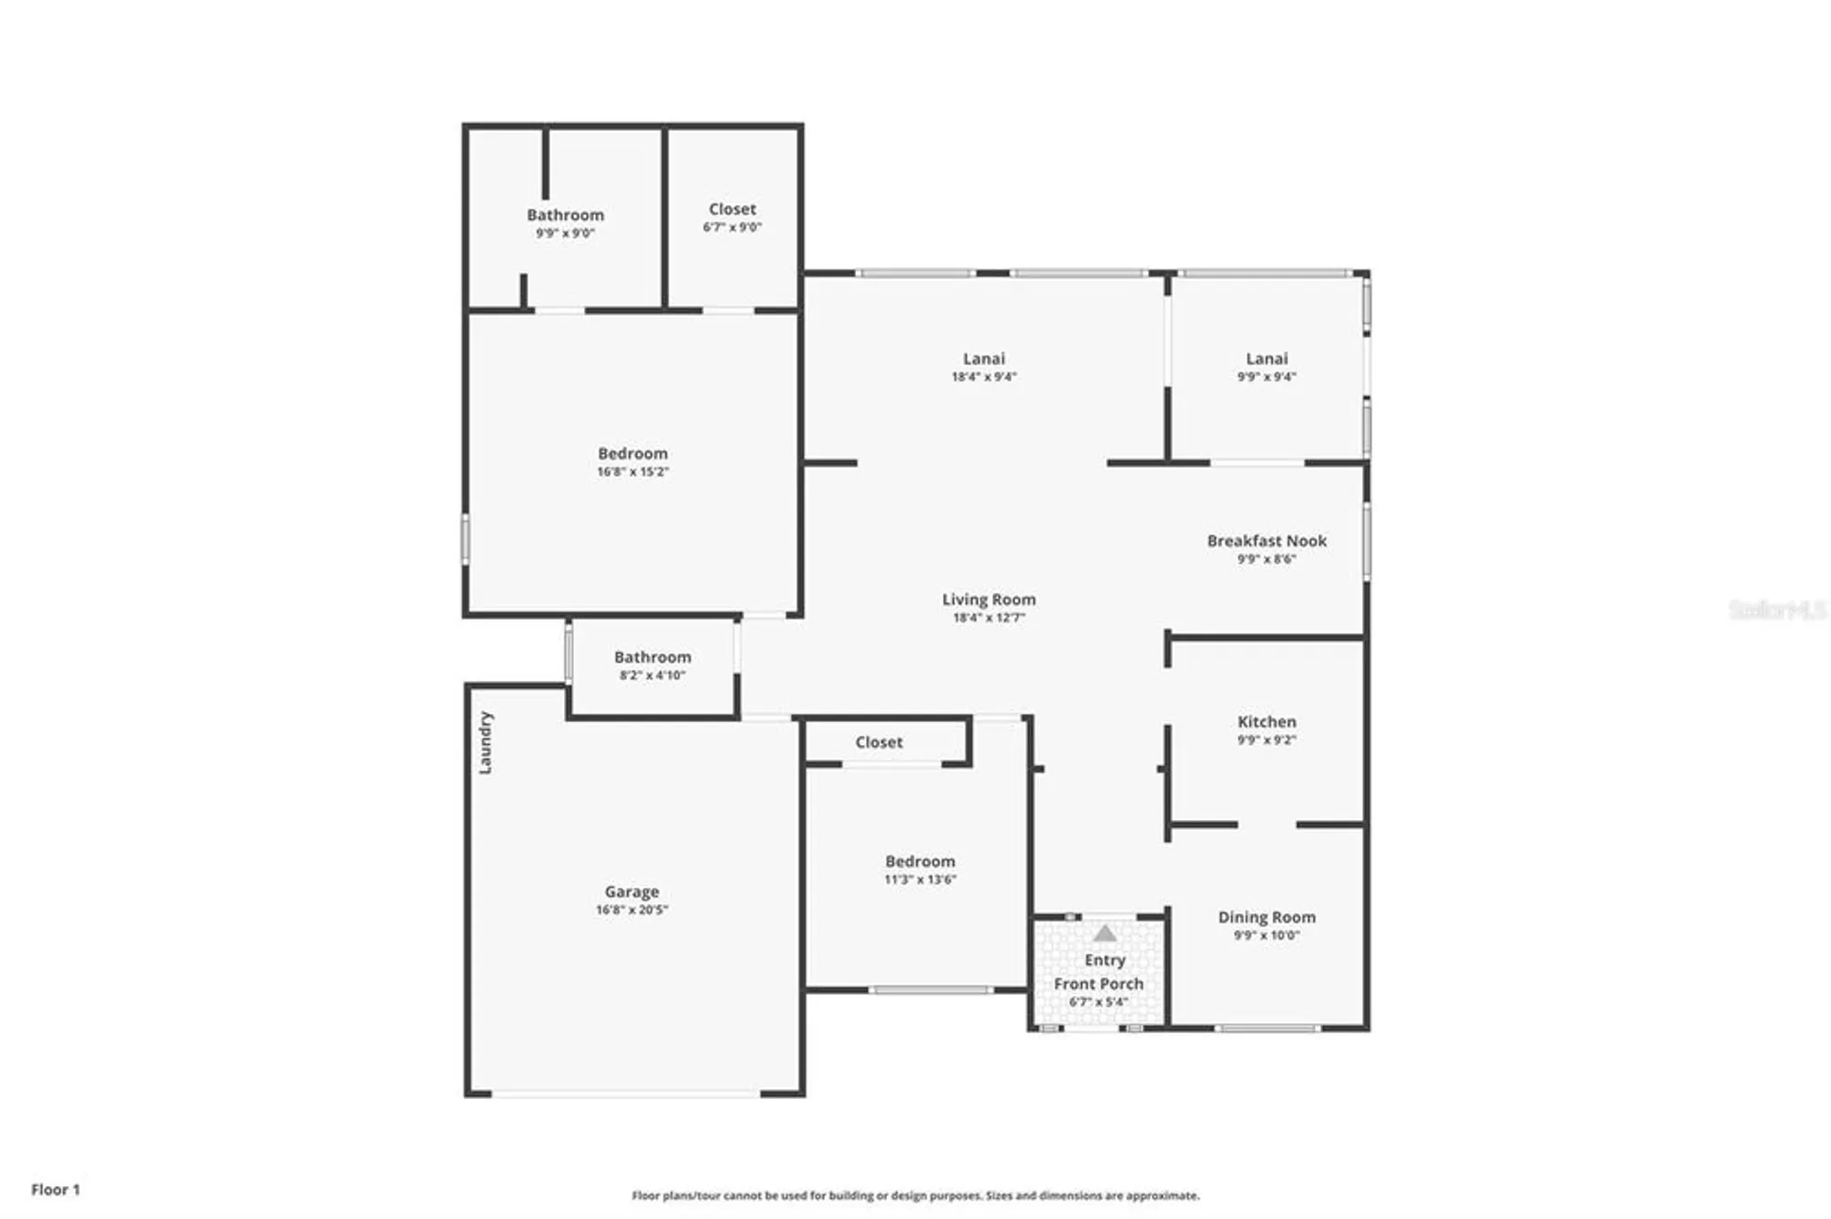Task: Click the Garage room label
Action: click(x=632, y=890)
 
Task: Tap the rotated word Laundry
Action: click(x=485, y=743)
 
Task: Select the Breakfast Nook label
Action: click(x=1266, y=541)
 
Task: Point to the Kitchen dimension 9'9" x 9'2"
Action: click(x=1266, y=739)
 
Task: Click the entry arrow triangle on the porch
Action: click(x=1105, y=933)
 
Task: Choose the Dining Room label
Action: click(x=1266, y=917)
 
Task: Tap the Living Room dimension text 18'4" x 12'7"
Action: click(x=989, y=618)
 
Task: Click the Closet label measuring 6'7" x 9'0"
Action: click(x=732, y=210)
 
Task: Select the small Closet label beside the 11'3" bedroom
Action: click(x=879, y=742)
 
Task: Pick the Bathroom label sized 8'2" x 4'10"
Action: click(x=652, y=657)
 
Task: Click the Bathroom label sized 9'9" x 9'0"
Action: click(x=565, y=215)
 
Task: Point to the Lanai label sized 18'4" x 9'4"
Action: click(x=983, y=359)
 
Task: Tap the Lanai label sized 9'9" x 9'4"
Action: click(x=1266, y=359)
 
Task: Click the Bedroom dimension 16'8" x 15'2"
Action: click(x=633, y=472)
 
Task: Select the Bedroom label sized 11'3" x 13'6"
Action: click(x=920, y=861)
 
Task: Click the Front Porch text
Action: click(x=1099, y=984)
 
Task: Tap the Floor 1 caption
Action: click(x=56, y=1190)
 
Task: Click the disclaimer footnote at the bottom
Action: click(x=915, y=1195)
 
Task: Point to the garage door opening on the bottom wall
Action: click(x=625, y=1093)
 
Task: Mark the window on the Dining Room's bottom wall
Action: click(x=1267, y=1029)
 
